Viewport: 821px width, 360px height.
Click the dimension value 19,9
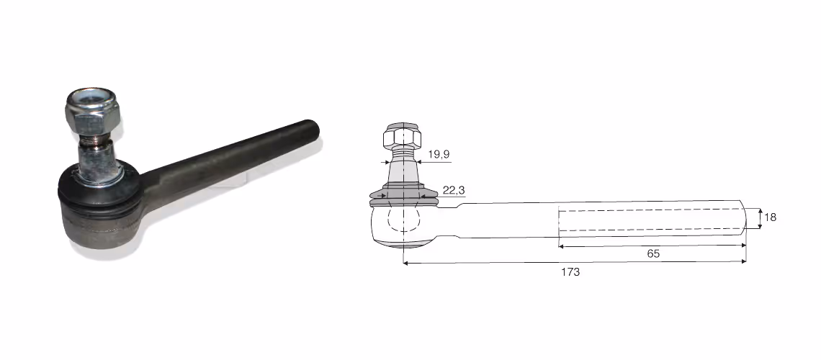[x=439, y=154]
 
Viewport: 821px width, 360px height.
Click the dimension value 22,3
[x=454, y=191]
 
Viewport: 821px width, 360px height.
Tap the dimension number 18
[x=770, y=217]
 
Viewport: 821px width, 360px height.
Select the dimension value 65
[x=653, y=253]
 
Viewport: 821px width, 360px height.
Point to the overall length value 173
[x=570, y=272]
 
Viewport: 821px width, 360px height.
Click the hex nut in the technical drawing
[x=402, y=136]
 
